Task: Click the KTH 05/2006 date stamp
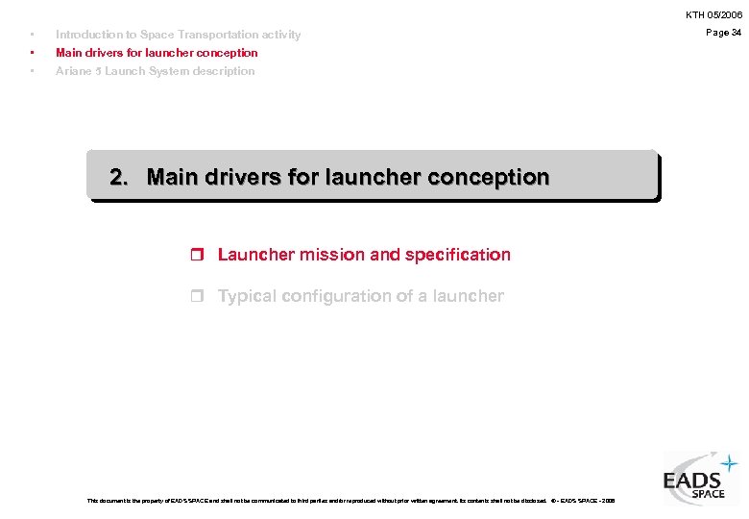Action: tap(713, 15)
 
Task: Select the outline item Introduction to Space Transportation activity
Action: tap(178, 35)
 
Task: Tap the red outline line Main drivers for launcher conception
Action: tap(157, 53)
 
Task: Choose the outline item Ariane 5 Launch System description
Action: tap(155, 71)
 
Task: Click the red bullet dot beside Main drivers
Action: tap(33, 53)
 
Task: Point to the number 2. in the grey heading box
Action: tap(120, 177)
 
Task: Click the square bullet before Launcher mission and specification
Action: tap(198, 256)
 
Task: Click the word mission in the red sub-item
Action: tap(332, 255)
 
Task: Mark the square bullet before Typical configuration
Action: tap(198, 297)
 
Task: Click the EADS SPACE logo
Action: tap(699, 479)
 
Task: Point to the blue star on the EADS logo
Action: tap(731, 463)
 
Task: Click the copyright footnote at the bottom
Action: tap(351, 501)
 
